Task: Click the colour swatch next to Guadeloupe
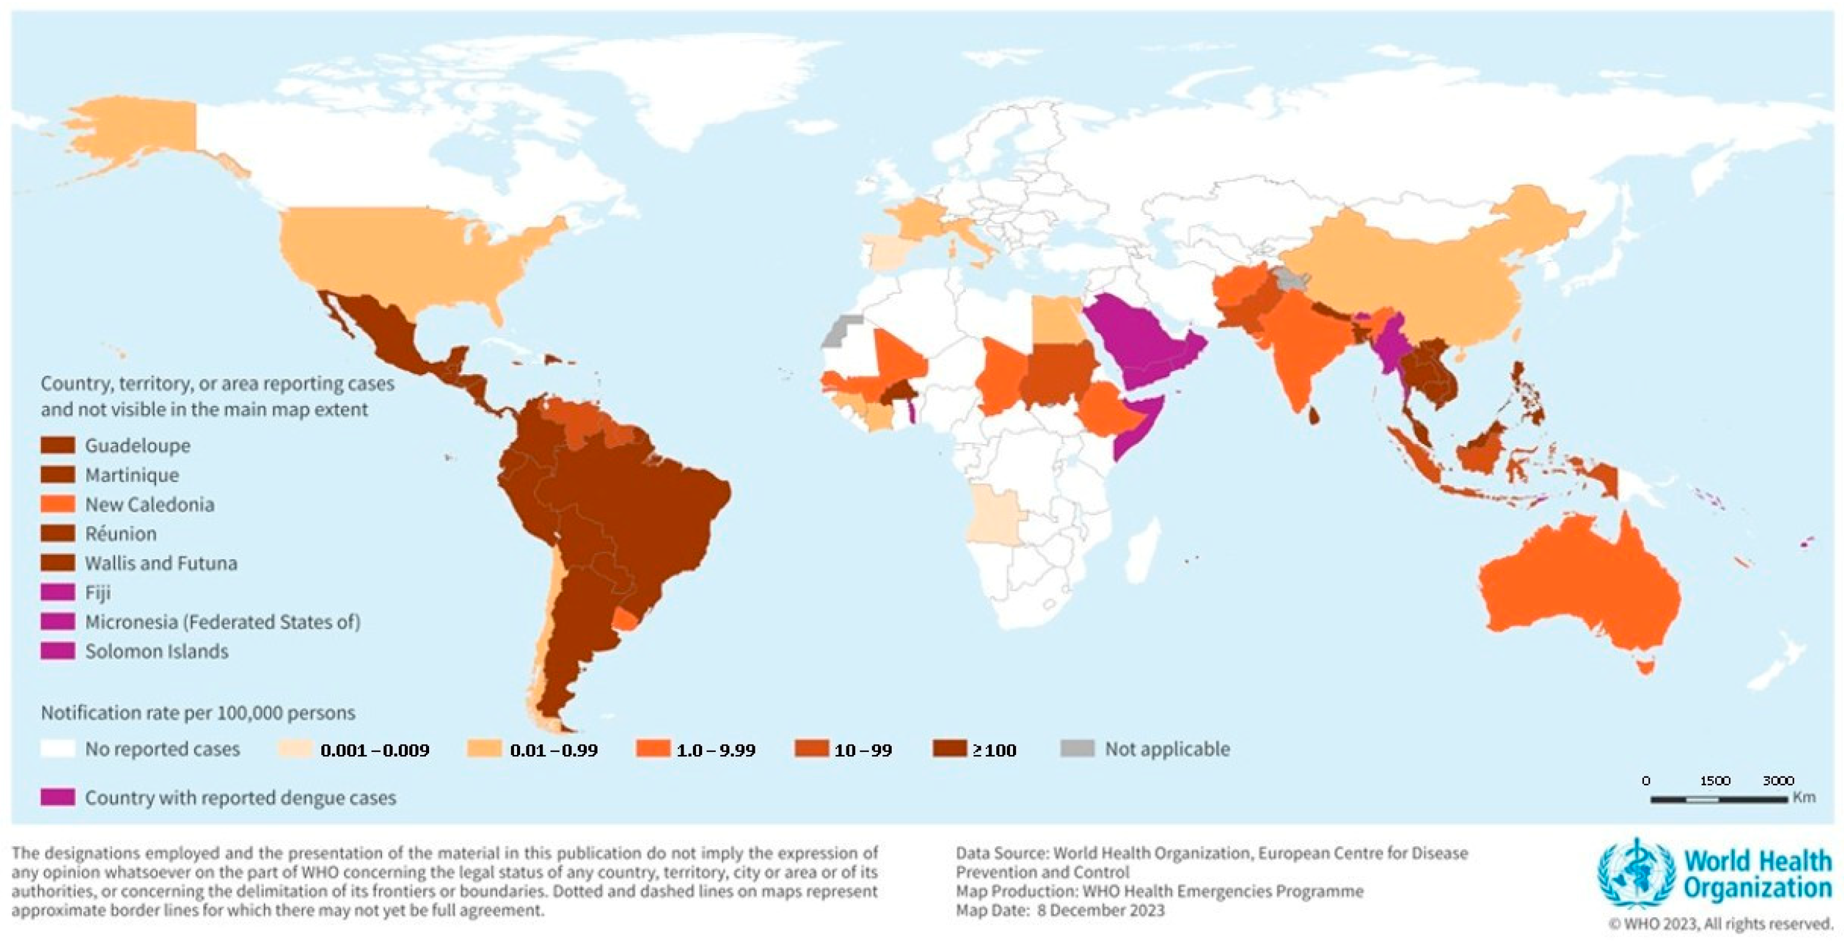[57, 445]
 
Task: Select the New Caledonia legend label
[150, 505]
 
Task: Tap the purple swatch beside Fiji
[57, 593]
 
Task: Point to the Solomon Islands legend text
[157, 652]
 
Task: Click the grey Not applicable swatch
[1077, 749]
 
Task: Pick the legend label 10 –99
[863, 750]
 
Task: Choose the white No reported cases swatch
[57, 749]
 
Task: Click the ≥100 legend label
[994, 750]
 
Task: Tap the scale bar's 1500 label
[1715, 780]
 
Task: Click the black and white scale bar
[1718, 799]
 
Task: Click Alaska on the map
[136, 136]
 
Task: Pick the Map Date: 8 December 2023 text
[1060, 910]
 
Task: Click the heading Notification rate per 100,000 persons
[198, 713]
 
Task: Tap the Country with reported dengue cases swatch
[57, 798]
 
